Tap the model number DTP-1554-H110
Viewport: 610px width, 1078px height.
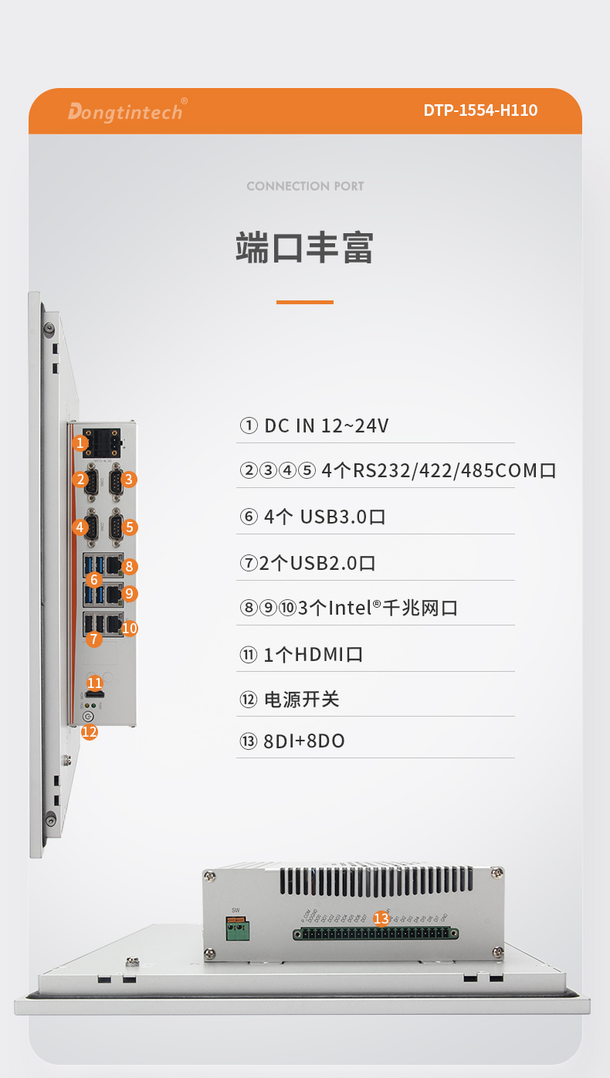click(480, 110)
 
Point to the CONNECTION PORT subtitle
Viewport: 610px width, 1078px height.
click(305, 186)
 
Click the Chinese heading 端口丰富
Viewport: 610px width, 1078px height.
click(305, 248)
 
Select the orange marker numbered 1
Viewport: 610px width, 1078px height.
click(80, 443)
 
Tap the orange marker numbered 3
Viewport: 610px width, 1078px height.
click(130, 480)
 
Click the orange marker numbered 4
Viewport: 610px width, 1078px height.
click(80, 527)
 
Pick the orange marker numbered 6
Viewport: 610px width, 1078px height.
click(94, 579)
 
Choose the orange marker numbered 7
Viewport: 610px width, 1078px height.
click(94, 639)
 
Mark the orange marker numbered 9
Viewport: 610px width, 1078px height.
click(130, 594)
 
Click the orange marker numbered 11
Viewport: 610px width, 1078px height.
click(95, 683)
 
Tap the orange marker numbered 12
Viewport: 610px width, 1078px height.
click(90, 731)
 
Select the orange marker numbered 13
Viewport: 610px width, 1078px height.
click(381, 918)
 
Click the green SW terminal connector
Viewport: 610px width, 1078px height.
click(236, 928)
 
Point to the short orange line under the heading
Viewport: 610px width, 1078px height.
click(305, 302)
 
